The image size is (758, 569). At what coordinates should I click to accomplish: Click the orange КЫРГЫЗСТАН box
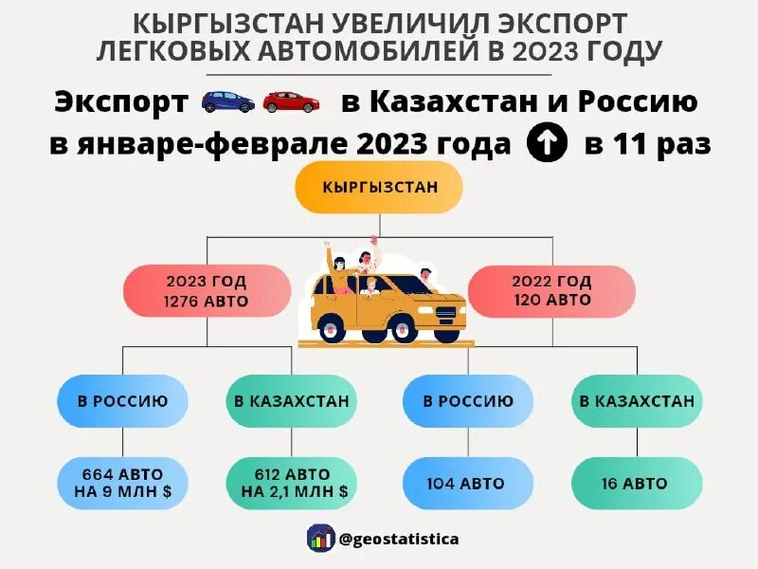coord(379,187)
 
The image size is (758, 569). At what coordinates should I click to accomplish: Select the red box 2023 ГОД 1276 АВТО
coord(206,291)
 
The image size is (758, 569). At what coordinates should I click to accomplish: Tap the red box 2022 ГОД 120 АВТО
coord(551,291)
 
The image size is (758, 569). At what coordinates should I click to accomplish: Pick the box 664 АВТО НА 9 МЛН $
coord(123,484)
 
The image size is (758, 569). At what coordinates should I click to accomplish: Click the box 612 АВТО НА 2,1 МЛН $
coord(293,484)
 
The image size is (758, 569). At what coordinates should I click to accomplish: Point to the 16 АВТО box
coord(637,484)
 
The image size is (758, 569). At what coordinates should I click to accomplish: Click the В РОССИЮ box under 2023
coord(123,401)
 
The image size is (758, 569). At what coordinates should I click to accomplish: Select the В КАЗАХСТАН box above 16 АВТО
coord(637,401)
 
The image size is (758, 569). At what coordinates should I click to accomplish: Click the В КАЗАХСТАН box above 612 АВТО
coord(293,401)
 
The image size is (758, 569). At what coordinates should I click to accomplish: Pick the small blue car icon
coord(227,101)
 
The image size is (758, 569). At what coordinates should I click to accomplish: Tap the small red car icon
coord(291,101)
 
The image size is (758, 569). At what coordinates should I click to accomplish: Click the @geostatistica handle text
coord(399,539)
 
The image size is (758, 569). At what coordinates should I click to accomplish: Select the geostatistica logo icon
coord(320,538)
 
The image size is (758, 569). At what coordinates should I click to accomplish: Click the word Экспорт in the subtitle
coord(121,101)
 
